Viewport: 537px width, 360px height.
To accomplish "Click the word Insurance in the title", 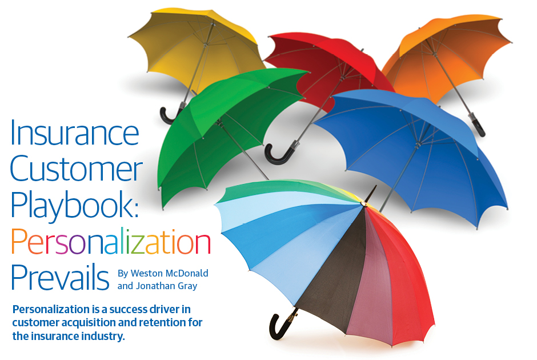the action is [x=75, y=133].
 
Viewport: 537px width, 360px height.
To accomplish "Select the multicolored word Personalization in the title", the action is [x=111, y=242].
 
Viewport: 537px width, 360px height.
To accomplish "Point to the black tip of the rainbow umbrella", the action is [x=371, y=194].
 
